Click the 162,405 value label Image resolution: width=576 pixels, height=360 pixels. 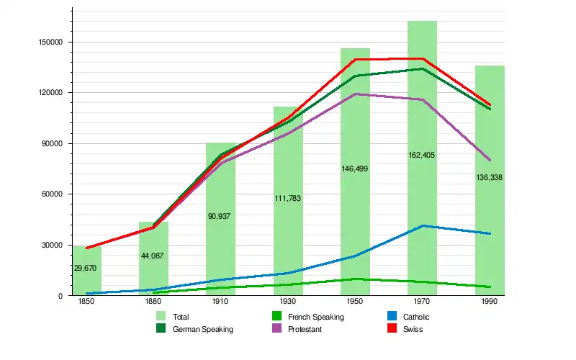pos(422,155)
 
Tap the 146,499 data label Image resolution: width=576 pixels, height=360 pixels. pos(355,168)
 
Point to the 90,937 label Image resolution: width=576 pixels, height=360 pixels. pos(218,216)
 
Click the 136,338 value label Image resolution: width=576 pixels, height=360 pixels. pos(490,177)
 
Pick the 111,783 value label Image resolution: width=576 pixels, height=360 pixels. pos(287,198)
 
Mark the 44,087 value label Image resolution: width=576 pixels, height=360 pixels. pos(152,256)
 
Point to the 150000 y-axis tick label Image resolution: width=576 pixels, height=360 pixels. pos(51,42)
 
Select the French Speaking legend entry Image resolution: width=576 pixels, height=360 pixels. pos(307,317)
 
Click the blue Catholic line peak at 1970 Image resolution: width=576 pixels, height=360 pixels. pos(423,226)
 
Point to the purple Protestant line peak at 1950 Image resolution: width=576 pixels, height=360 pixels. pos(355,94)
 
